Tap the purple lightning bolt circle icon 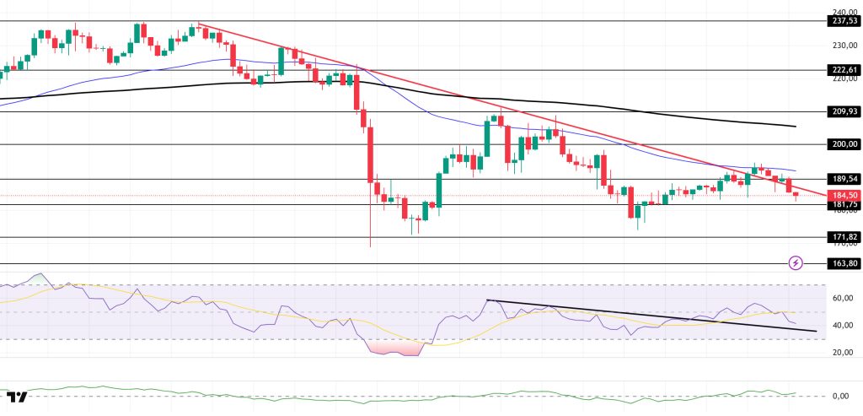coord(796,263)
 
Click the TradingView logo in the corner coord(17,397)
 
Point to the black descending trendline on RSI coord(649,316)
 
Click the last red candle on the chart coord(796,196)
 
